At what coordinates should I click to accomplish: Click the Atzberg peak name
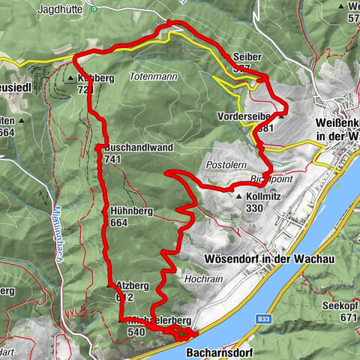point(133,286)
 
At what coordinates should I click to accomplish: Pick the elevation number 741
point(113,159)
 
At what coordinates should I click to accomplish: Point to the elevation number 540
point(136,331)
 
